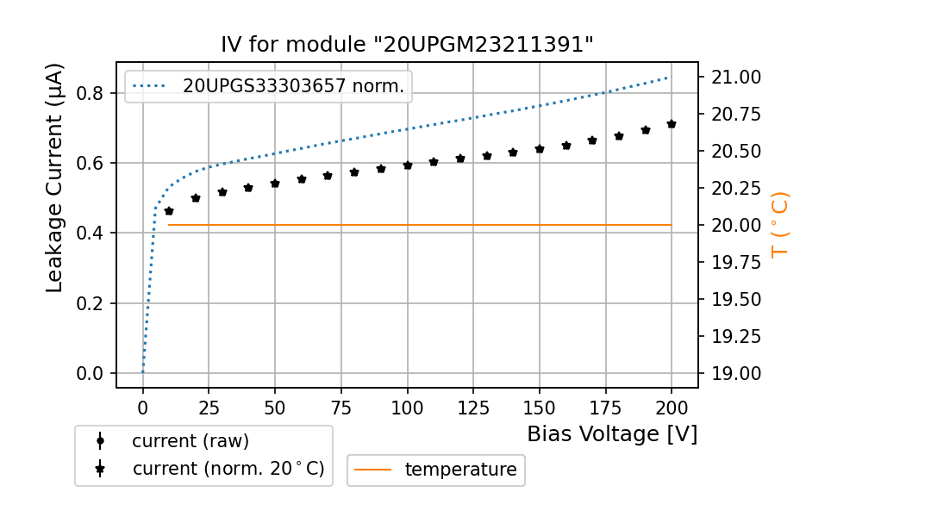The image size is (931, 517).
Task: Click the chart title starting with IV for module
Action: pyautogui.click(x=407, y=45)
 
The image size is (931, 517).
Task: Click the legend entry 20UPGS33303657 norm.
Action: pyautogui.click(x=293, y=86)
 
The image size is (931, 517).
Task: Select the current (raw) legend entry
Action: pyautogui.click(x=190, y=441)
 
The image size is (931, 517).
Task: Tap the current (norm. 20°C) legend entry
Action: pyautogui.click(x=228, y=469)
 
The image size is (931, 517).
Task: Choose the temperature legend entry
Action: pyautogui.click(x=460, y=470)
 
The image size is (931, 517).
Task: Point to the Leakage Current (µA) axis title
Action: pyautogui.click(x=54, y=178)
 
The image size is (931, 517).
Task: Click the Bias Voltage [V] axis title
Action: pyautogui.click(x=612, y=434)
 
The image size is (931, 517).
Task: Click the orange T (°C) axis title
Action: pyautogui.click(x=779, y=224)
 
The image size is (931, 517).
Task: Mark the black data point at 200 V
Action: pyautogui.click(x=672, y=124)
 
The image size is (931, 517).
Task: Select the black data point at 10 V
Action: pyautogui.click(x=169, y=211)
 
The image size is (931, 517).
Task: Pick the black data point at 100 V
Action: pyautogui.click(x=408, y=165)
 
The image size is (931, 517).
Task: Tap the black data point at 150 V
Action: pyautogui.click(x=540, y=149)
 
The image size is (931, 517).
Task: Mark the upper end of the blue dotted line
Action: pyautogui.click(x=670, y=78)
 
